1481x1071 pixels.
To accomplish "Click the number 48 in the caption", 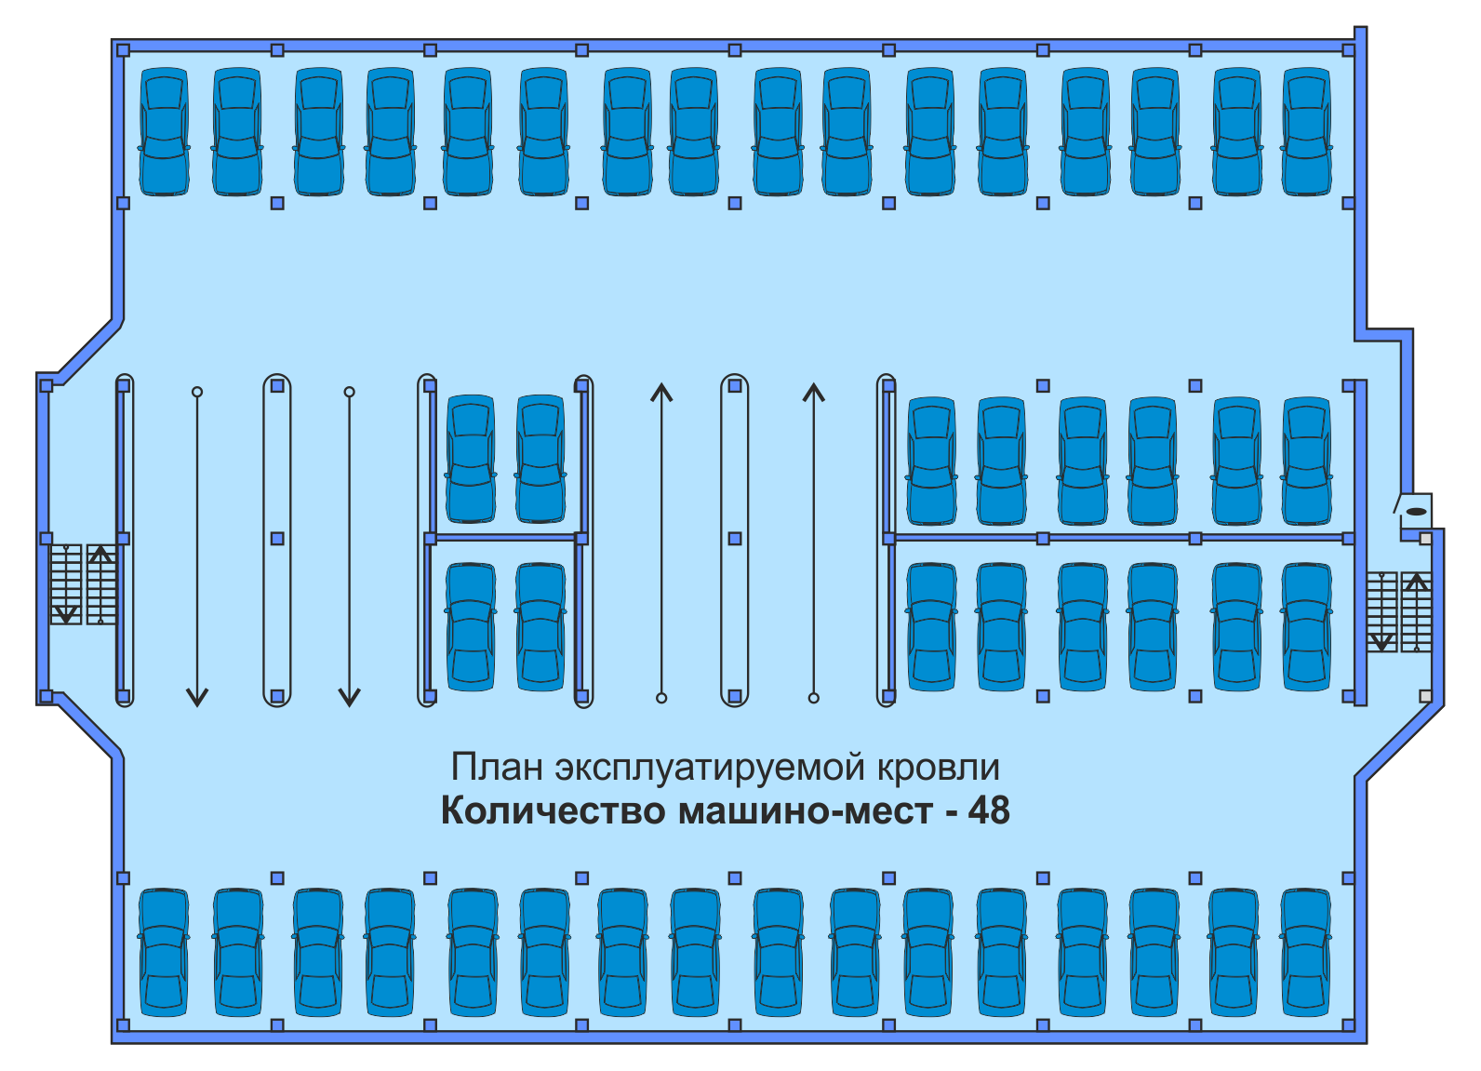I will (988, 810).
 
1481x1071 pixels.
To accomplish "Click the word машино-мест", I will (806, 810).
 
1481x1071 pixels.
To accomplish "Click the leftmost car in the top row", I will (165, 131).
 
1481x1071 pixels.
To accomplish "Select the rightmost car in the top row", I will (1307, 131).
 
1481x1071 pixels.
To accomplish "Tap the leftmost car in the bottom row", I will (165, 952).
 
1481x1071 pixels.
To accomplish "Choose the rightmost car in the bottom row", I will (1305, 952).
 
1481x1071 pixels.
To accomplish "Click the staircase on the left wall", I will (83, 584).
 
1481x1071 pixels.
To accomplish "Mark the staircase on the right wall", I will (1398, 611).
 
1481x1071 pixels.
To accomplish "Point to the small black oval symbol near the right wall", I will (1416, 511).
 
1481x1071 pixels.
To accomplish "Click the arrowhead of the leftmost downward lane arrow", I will (197, 697).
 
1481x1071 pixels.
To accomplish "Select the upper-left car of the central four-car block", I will (471, 459).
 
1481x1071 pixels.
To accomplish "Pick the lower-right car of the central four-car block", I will (540, 626).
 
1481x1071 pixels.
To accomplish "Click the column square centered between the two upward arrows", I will (735, 539).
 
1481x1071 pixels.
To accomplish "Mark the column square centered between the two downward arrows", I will (277, 539).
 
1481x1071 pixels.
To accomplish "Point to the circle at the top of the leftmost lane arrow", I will (197, 392).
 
